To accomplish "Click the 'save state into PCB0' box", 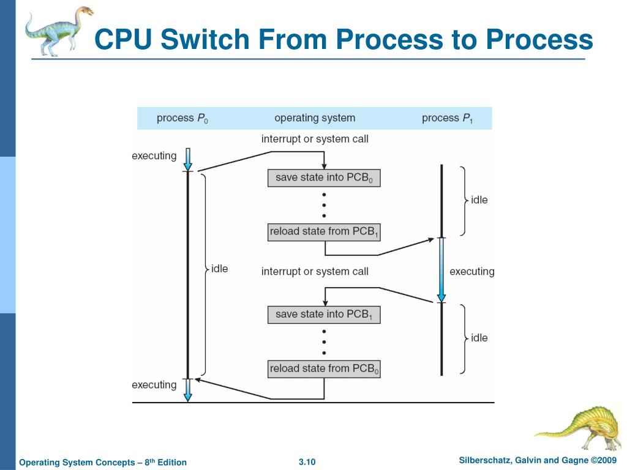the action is coord(324,178).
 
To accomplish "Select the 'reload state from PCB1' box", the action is coord(324,232).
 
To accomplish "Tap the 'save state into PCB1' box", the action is coord(324,315).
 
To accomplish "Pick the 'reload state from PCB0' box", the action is coord(324,369).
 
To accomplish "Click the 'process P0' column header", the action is coord(182,118).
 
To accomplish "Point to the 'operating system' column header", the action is coord(315,118).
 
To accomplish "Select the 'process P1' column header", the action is coord(448,118).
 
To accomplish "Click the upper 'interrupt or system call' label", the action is coord(315,139).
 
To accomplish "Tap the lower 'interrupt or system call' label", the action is coord(315,272).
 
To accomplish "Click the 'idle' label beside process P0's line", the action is coord(220,269).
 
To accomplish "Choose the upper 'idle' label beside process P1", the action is coord(479,200).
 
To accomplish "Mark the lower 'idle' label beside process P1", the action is coord(479,338).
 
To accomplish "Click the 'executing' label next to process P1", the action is coord(472,272).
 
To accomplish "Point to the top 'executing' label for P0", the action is coord(154,156).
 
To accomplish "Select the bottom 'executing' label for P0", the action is coord(154,385).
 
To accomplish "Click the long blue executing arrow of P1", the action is coord(441,270).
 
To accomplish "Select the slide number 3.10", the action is coord(307,462).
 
